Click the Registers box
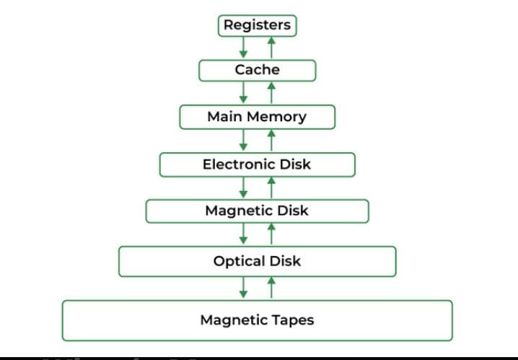click(258, 25)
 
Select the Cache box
click(258, 70)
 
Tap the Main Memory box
click(258, 116)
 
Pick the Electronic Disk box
click(258, 164)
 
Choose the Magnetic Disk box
click(258, 211)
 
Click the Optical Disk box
click(258, 260)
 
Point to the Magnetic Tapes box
click(258, 320)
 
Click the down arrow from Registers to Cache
click(244, 48)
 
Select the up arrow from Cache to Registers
click(271, 48)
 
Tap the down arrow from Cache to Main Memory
click(244, 92)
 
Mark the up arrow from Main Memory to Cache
click(271, 92)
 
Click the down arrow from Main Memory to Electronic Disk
click(244, 140)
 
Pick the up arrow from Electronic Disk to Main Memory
click(271, 140)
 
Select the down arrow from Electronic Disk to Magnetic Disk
click(244, 188)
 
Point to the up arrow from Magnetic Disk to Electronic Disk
click(271, 188)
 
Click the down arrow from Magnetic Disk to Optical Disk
click(244, 234)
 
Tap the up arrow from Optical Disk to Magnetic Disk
click(271, 234)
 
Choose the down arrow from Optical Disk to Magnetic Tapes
click(244, 288)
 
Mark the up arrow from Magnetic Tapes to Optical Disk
click(271, 288)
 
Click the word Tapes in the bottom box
click(294, 320)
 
